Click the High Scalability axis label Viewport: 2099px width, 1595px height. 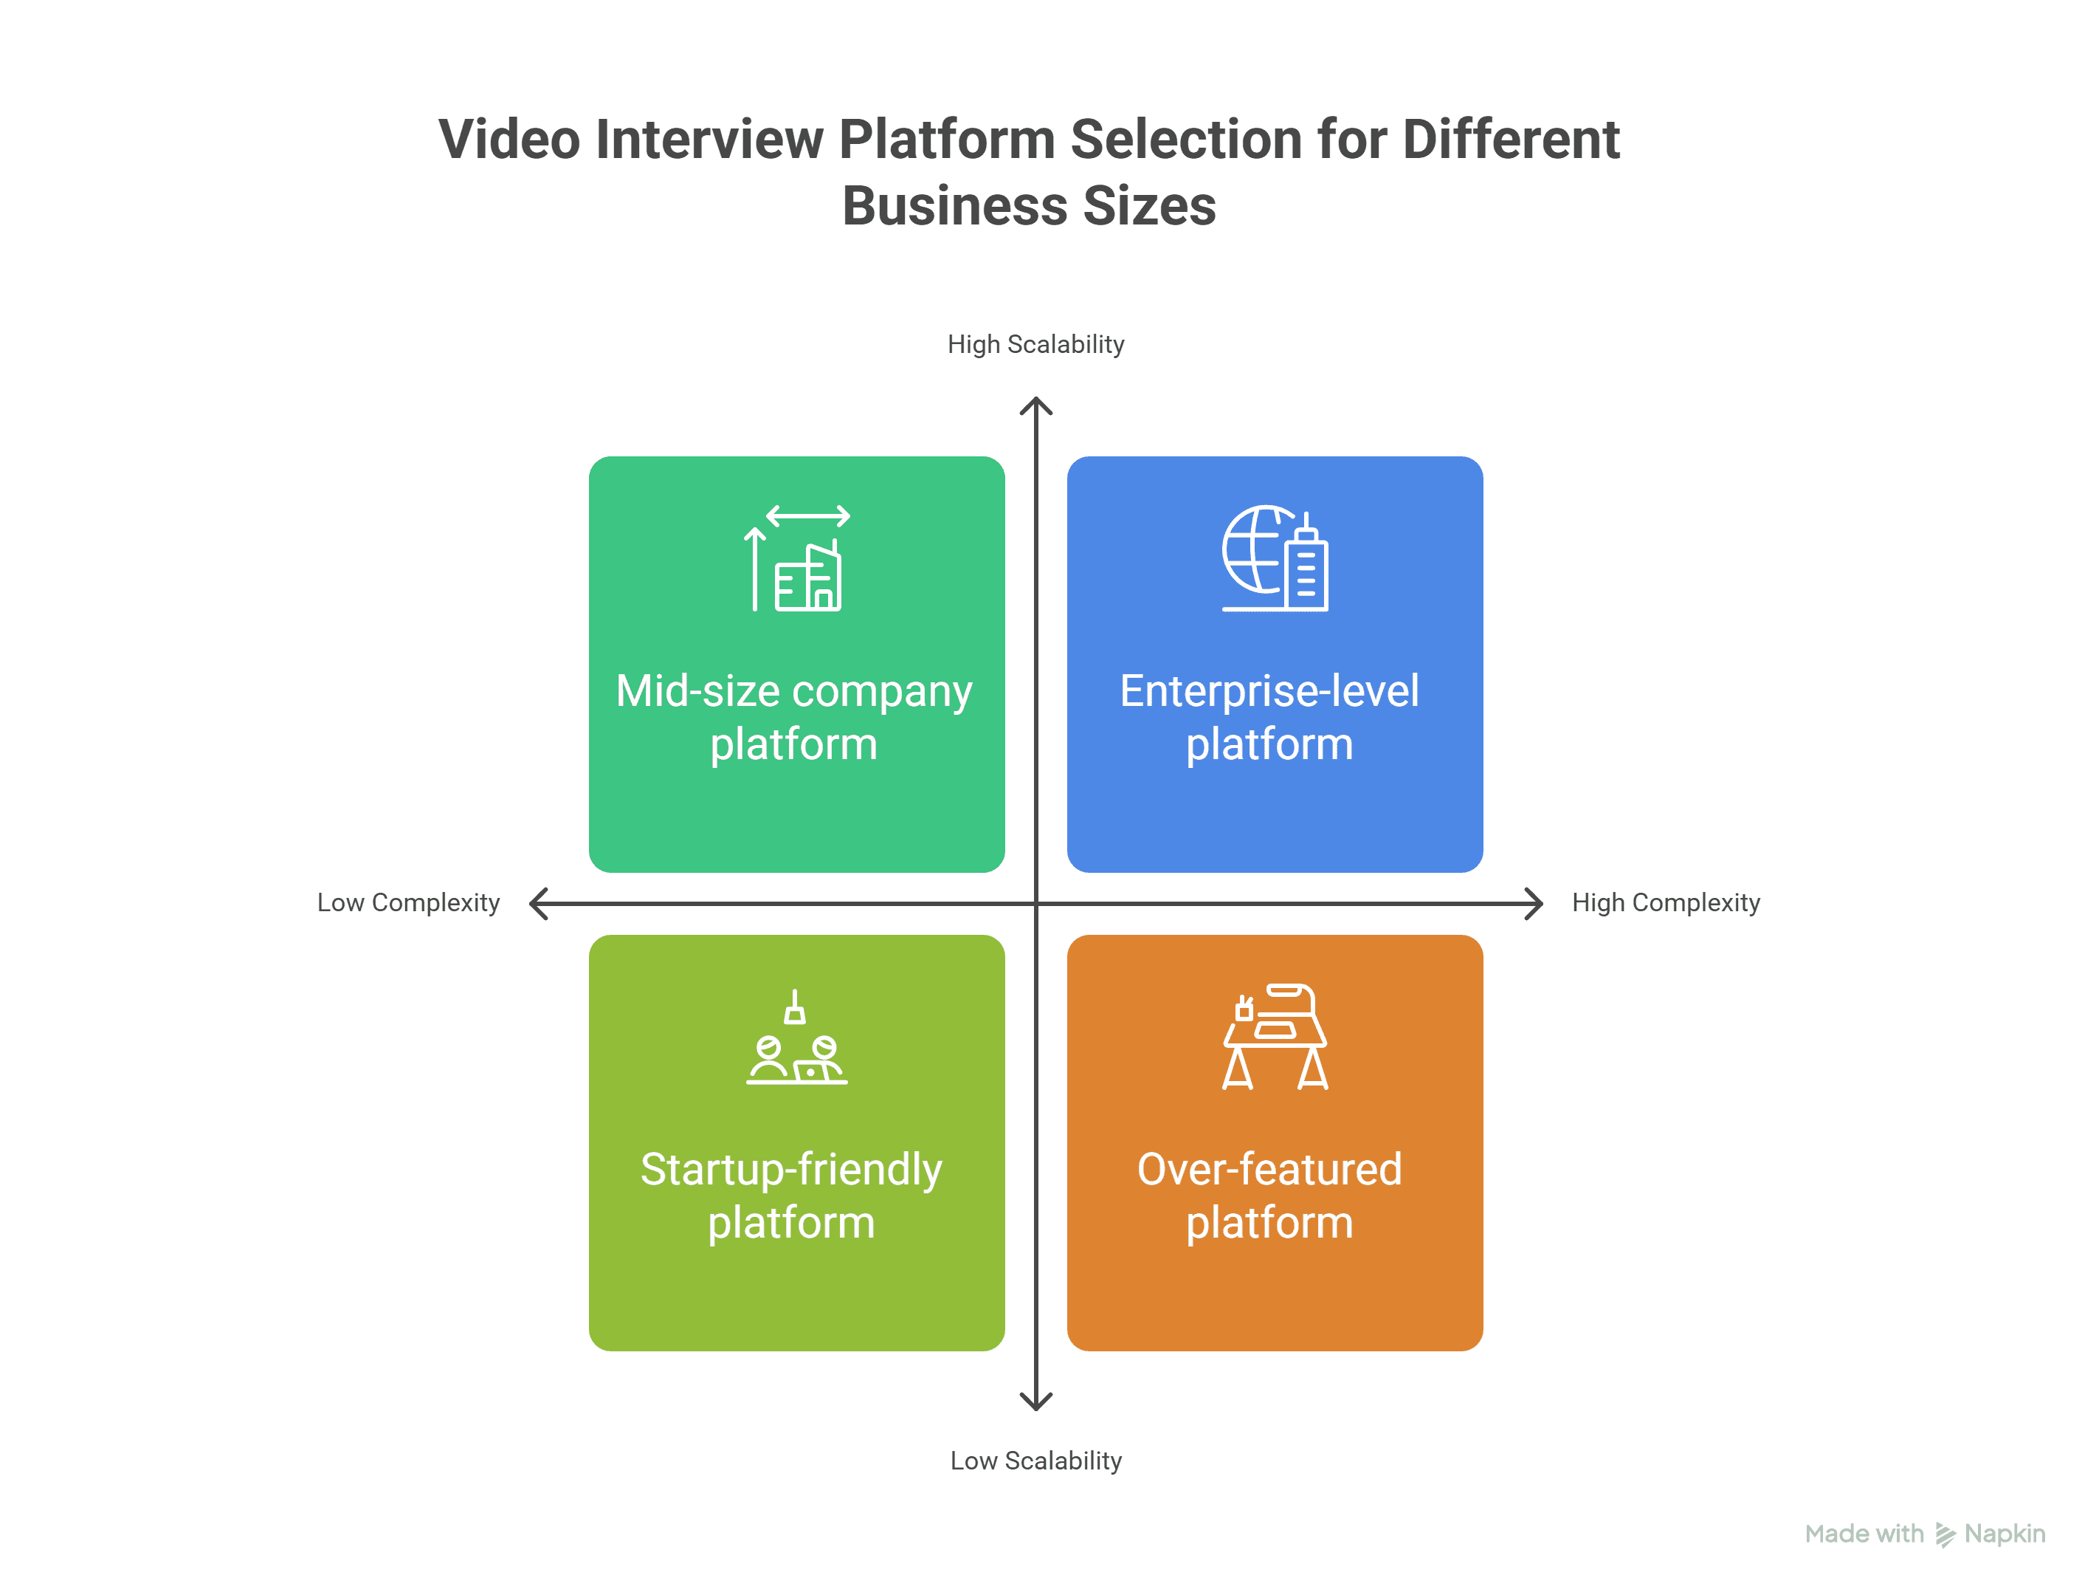tap(1035, 345)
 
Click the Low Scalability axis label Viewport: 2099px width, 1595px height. tap(1035, 1461)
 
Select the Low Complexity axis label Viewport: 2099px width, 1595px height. tap(408, 903)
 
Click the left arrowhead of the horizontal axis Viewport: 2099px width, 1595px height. tap(537, 904)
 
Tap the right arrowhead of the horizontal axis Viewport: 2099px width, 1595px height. tap(1535, 904)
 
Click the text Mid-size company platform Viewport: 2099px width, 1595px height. tap(794, 718)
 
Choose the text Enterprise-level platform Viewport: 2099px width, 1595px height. tap(1269, 718)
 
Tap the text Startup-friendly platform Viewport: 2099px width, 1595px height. tap(791, 1196)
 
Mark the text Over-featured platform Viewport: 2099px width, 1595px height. tap(1269, 1196)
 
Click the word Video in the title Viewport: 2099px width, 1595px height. tap(509, 140)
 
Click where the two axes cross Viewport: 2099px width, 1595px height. tap(1036, 904)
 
